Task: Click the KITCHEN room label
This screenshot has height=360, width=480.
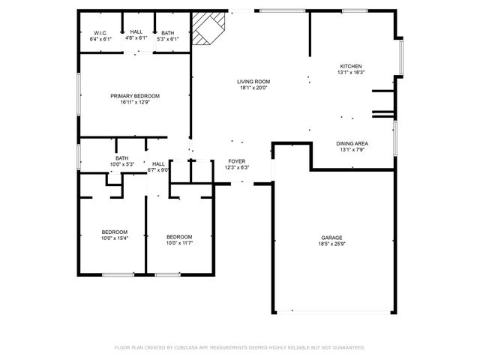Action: pyautogui.click(x=351, y=67)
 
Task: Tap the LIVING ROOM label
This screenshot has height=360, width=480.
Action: pyautogui.click(x=253, y=82)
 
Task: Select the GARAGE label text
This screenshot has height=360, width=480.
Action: pyautogui.click(x=331, y=238)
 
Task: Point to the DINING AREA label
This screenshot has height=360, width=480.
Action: pyautogui.click(x=351, y=143)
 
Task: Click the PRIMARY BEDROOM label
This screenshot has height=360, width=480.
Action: pyautogui.click(x=135, y=96)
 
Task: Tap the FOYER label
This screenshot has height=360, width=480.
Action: pyautogui.click(x=237, y=161)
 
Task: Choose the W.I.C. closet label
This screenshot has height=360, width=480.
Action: pyautogui.click(x=100, y=33)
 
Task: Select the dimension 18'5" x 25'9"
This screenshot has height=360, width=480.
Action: pyautogui.click(x=331, y=244)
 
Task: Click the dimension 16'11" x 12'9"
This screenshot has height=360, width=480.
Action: pyautogui.click(x=135, y=102)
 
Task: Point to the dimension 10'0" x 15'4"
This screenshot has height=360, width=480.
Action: pyautogui.click(x=115, y=238)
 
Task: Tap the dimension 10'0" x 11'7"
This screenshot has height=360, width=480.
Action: pyautogui.click(x=179, y=242)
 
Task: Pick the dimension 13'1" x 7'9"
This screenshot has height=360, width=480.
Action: pyautogui.click(x=351, y=149)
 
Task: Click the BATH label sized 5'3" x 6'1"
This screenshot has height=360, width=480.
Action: pyautogui.click(x=167, y=33)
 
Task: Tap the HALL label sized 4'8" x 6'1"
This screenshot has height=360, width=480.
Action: pyautogui.click(x=136, y=33)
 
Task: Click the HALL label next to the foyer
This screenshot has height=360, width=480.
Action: pyautogui.click(x=158, y=163)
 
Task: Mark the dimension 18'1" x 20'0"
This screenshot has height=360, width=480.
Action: pyautogui.click(x=253, y=88)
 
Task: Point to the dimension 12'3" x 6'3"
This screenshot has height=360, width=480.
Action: pyautogui.click(x=237, y=167)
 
